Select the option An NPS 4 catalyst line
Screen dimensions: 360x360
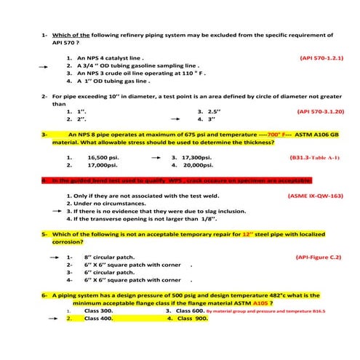tap(109, 57)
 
